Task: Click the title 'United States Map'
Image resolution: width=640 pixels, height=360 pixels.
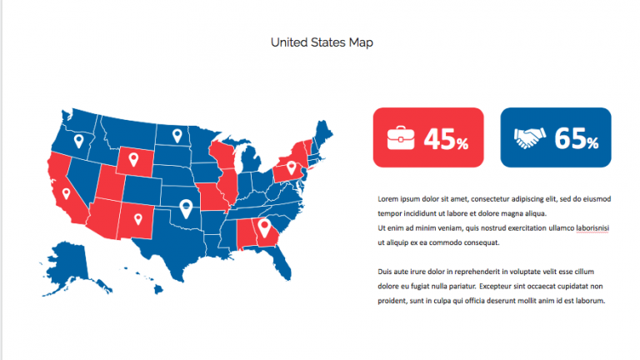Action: (x=322, y=42)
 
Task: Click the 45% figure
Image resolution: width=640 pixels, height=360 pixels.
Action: (x=447, y=139)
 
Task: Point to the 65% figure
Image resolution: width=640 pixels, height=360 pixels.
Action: (x=577, y=139)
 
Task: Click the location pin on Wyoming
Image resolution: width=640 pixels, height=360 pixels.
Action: (x=131, y=157)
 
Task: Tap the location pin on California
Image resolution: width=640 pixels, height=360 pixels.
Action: (x=66, y=194)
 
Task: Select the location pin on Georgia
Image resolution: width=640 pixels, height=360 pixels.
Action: (x=264, y=227)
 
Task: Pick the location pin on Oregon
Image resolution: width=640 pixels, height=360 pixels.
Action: (x=78, y=141)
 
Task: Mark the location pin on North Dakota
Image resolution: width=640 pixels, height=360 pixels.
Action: (x=177, y=134)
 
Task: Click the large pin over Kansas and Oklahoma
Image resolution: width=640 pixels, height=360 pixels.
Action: (x=186, y=208)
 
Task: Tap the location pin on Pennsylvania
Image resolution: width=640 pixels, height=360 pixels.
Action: (x=292, y=168)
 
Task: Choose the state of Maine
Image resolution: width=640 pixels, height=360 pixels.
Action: (x=323, y=134)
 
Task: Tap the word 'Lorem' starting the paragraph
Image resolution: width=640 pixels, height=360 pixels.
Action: (x=387, y=199)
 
